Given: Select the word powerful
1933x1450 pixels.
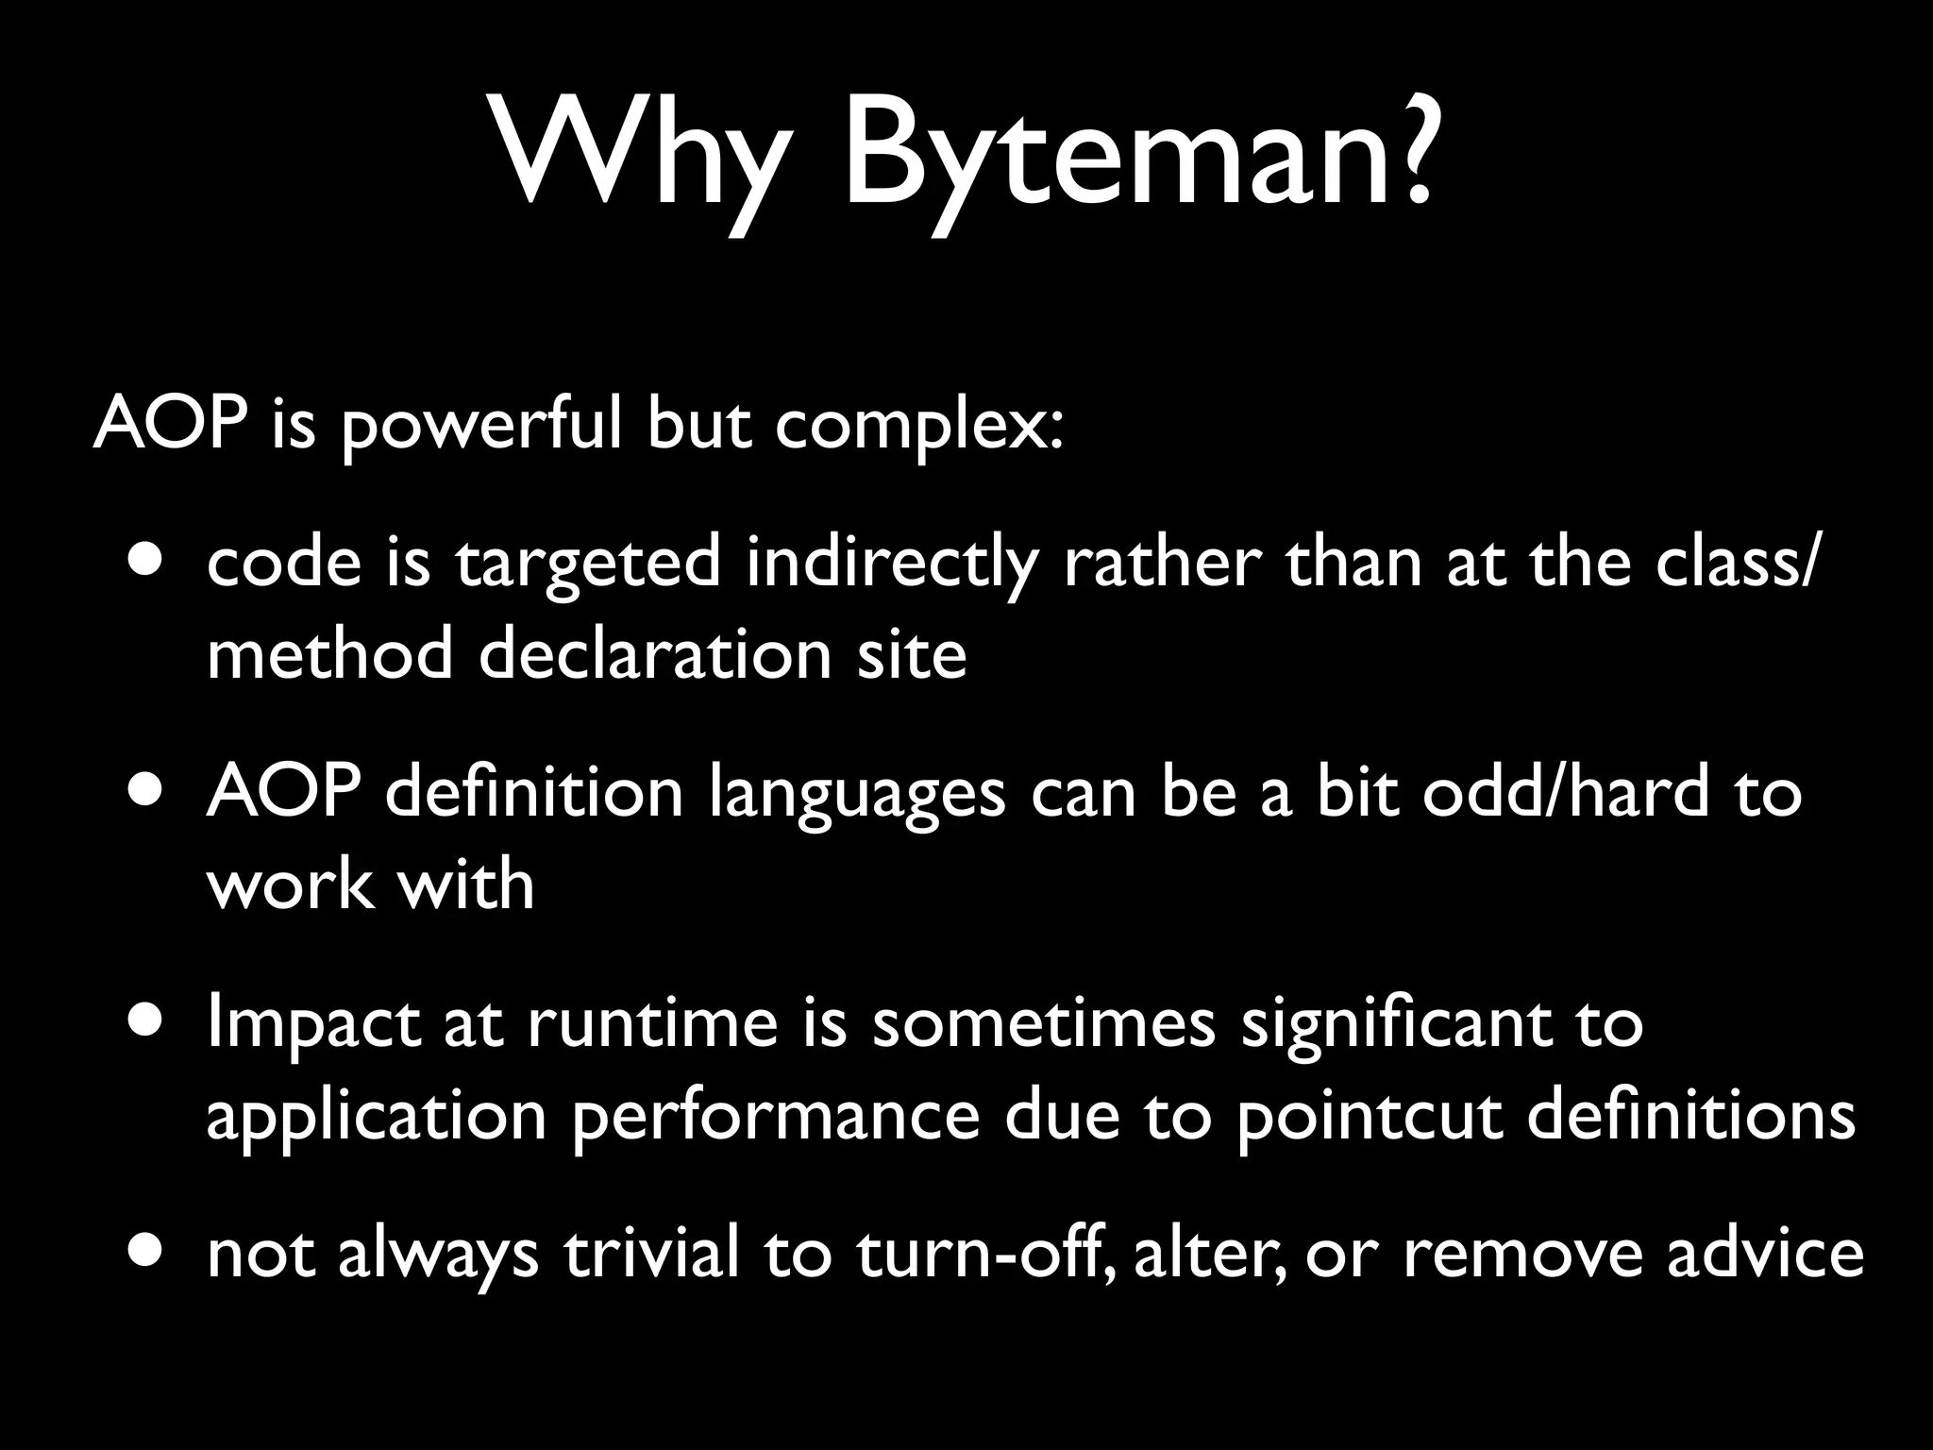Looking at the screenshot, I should [x=482, y=425].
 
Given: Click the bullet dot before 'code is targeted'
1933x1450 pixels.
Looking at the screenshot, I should [x=145, y=558].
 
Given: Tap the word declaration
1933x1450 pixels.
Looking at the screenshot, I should [x=655, y=654].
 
